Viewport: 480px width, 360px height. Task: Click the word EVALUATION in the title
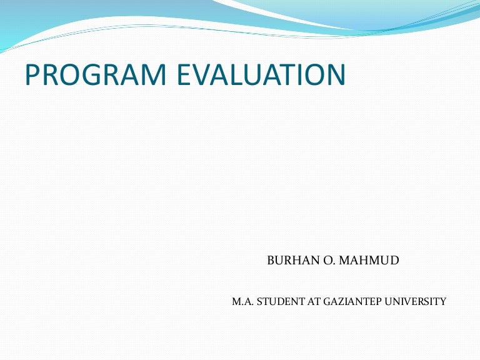click(262, 75)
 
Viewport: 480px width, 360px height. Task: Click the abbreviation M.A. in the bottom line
click(241, 301)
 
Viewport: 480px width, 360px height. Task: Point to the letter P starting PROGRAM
click(32, 75)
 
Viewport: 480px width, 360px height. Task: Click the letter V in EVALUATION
click(203, 75)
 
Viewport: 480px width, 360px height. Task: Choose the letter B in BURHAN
click(271, 260)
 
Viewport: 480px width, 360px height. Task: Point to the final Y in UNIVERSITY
click(443, 301)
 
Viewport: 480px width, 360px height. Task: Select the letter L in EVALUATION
click(240, 75)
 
